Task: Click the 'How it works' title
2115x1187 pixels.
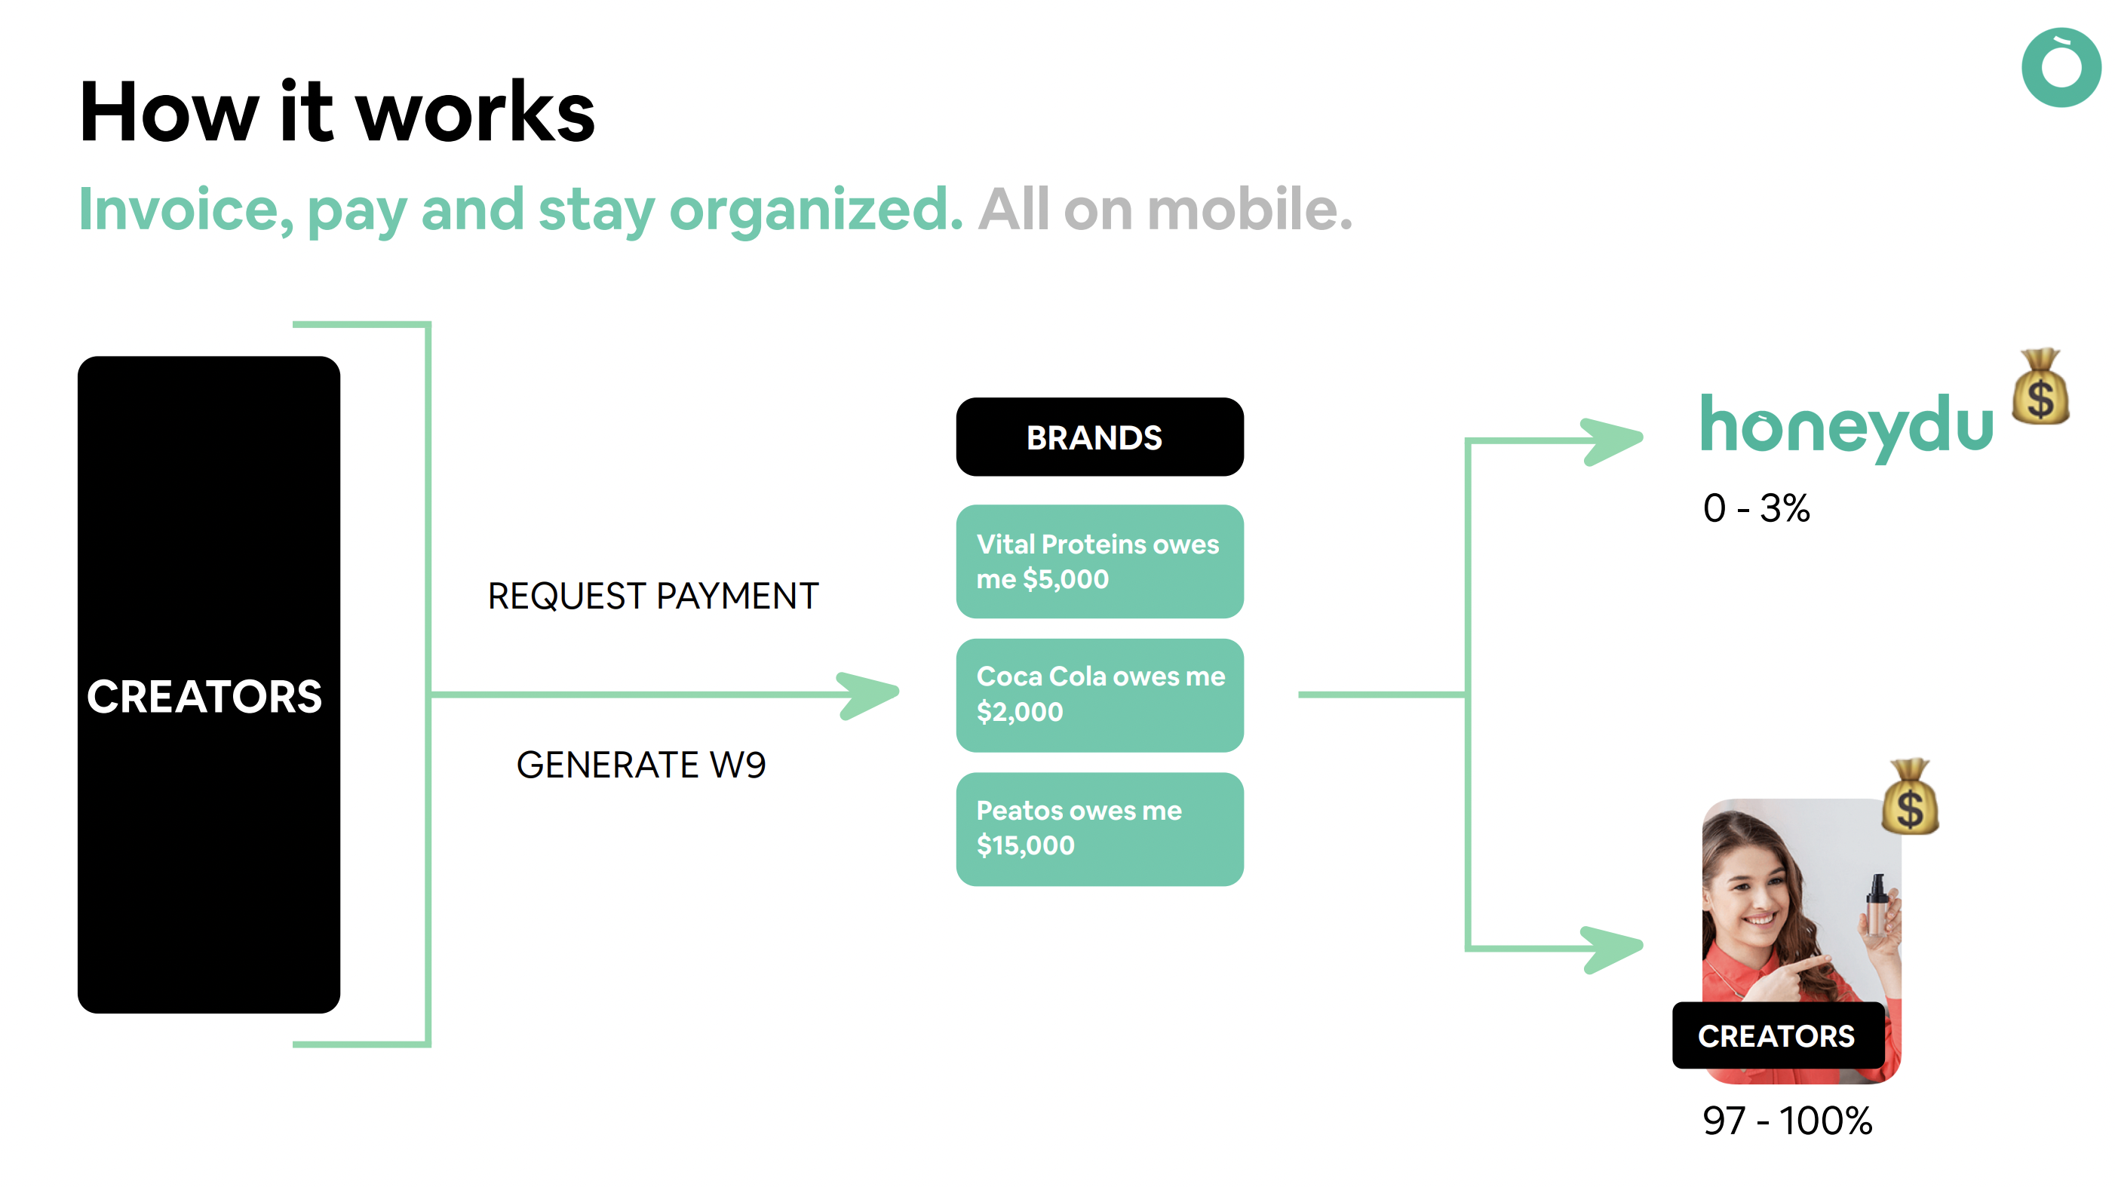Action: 336,112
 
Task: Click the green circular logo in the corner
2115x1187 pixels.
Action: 2061,67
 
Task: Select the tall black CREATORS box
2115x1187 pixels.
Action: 208,684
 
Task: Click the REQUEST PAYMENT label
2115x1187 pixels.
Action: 652,596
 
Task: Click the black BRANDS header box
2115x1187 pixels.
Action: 1100,437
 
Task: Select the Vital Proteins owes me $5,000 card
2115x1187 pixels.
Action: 1100,562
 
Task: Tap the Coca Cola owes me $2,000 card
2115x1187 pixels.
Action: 1100,695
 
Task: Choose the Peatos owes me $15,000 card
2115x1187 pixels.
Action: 1100,829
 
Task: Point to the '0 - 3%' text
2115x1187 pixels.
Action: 1756,508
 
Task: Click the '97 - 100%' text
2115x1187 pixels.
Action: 1788,1121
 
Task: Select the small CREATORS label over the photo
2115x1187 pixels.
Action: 1778,1035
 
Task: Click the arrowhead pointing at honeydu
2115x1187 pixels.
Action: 1612,441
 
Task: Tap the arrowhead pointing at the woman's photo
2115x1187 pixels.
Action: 1612,949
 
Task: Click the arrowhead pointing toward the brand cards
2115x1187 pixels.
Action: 868,695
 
